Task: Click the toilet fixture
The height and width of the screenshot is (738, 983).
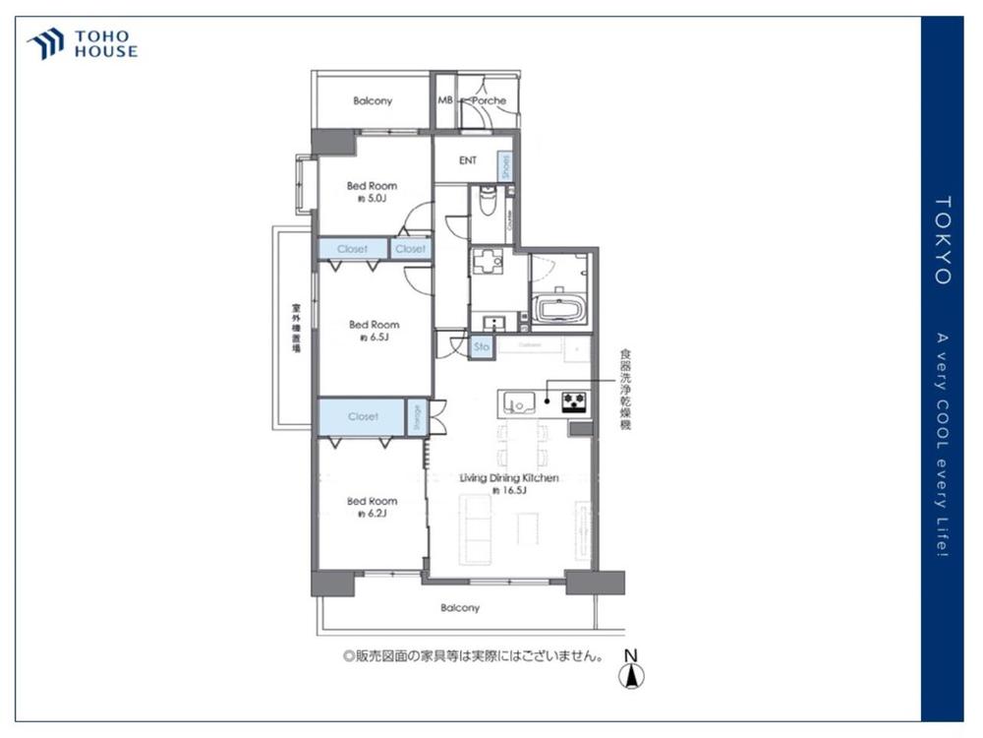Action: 486,204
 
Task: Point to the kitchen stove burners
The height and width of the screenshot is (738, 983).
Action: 574,400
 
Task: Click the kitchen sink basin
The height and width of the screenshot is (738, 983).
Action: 517,400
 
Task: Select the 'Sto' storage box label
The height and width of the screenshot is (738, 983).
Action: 482,346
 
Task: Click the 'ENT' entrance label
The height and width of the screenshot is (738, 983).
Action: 468,160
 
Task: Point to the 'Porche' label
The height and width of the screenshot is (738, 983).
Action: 489,100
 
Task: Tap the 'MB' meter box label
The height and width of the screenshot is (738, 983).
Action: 444,100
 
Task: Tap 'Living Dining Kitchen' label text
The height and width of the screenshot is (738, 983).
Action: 510,477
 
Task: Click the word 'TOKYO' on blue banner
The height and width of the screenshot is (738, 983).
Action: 942,241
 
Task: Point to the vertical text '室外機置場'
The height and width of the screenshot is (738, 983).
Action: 295,329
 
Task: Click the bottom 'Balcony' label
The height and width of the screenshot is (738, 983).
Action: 459,608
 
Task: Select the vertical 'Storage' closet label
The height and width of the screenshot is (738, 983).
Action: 417,416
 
